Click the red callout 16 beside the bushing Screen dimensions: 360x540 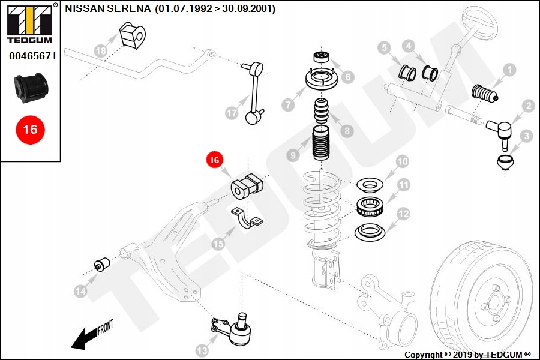(215, 160)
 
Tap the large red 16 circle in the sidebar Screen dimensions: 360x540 (30, 129)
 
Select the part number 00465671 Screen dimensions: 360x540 (32, 56)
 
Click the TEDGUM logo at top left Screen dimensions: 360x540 (29, 24)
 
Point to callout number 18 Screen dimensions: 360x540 (101, 51)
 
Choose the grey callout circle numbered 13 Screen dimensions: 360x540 (202, 350)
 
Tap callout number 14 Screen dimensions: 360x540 (80, 292)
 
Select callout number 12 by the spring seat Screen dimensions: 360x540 (403, 213)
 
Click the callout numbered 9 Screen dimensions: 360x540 (293, 155)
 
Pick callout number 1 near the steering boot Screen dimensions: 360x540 (509, 70)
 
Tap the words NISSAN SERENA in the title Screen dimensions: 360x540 (107, 10)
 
